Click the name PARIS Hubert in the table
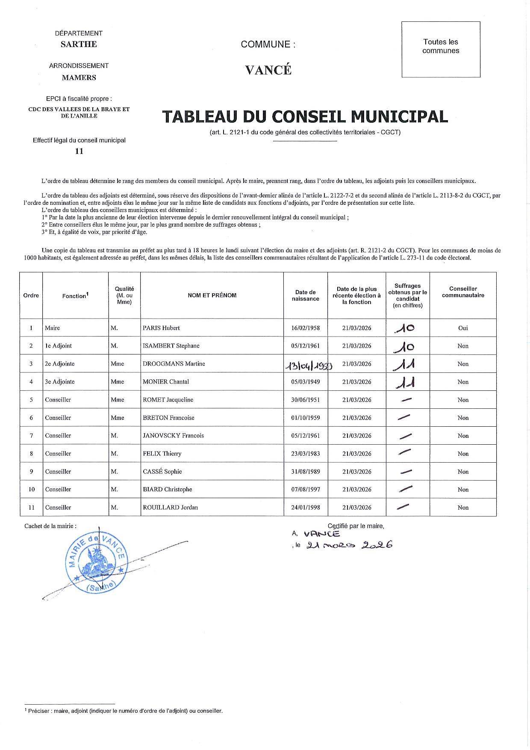tap(161, 328)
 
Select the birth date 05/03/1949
tap(305, 382)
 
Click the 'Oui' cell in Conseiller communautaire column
tap(463, 328)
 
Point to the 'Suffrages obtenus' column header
tap(407, 295)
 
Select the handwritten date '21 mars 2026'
tap(350, 545)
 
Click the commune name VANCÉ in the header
tap(268, 70)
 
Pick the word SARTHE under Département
tap(79, 44)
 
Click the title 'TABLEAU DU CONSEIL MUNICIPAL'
tap(305, 117)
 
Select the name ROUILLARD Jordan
tap(170, 508)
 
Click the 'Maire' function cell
tap(53, 328)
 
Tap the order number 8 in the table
tap(31, 454)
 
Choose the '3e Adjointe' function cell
tap(60, 382)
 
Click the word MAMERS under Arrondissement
tap(79, 77)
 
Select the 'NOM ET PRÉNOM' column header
tap(212, 295)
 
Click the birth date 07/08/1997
tap(305, 490)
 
